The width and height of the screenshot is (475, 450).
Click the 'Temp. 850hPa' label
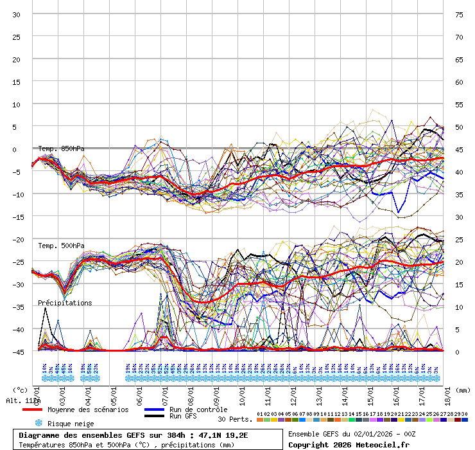tap(61, 149)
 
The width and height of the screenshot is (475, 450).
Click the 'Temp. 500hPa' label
tap(61, 246)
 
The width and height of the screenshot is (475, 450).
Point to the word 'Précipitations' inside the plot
tap(65, 303)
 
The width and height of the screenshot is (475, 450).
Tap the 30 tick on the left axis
tap(17, 14)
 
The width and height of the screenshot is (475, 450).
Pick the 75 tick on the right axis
tap(459, 14)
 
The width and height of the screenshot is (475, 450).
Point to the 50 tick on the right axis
tap(459, 127)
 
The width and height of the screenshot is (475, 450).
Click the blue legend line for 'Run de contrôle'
tap(155, 410)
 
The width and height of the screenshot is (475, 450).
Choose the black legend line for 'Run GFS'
tap(155, 417)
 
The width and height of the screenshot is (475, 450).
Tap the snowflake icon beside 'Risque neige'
tap(38, 423)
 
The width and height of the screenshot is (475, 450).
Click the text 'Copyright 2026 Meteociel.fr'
tap(349, 444)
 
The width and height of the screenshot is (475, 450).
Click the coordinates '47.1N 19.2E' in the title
tap(218, 435)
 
